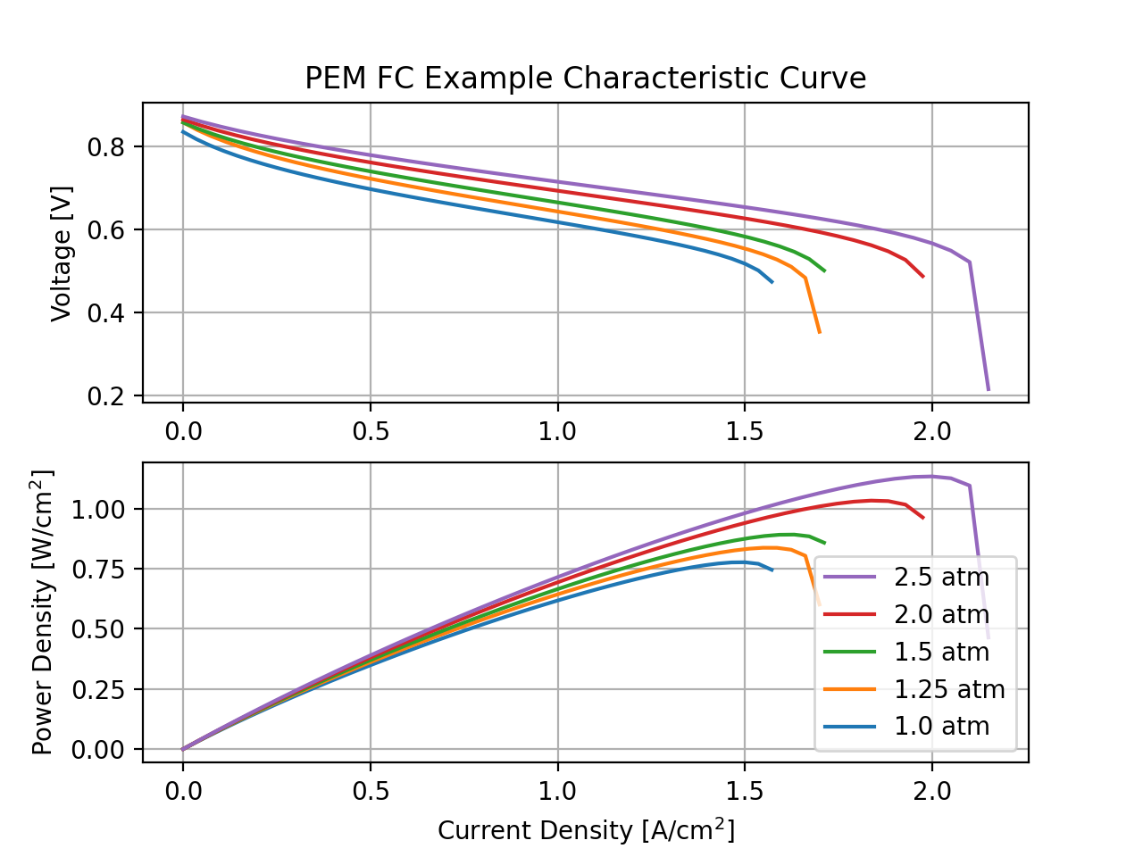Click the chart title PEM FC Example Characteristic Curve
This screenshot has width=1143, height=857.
pyautogui.click(x=585, y=79)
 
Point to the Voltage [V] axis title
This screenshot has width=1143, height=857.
pyautogui.click(x=61, y=254)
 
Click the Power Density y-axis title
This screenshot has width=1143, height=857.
pyautogui.click(x=43, y=612)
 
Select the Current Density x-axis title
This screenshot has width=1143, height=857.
pyautogui.click(x=586, y=830)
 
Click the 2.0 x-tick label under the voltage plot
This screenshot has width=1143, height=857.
pyautogui.click(x=932, y=431)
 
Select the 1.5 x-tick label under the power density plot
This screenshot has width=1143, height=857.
pyautogui.click(x=745, y=791)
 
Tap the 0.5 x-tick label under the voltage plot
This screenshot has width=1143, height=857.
pyautogui.click(x=371, y=431)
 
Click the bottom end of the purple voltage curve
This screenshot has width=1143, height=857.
pyautogui.click(x=989, y=390)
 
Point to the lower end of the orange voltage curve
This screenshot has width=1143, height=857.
pyautogui.click(x=819, y=333)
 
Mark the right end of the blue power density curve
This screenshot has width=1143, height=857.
pyautogui.click(x=772, y=570)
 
